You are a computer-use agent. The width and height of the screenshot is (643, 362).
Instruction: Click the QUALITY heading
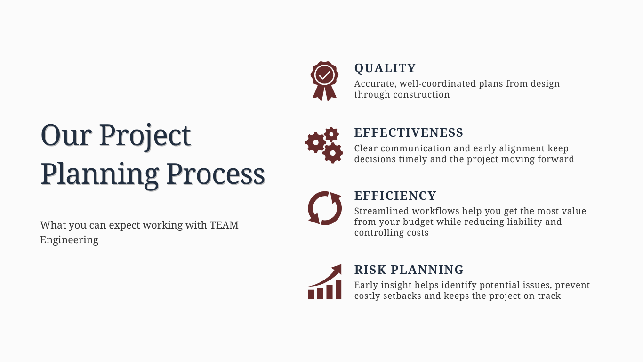[385, 68]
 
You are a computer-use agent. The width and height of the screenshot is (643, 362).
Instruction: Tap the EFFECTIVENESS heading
[409, 132]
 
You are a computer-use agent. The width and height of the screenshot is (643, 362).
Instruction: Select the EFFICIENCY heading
[395, 196]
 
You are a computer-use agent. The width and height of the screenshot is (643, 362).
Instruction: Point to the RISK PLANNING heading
[409, 270]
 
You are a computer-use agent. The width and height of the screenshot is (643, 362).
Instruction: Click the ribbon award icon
[324, 81]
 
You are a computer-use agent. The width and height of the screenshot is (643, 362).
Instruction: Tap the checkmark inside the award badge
[324, 75]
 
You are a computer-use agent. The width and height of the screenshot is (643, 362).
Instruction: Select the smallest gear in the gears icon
[331, 134]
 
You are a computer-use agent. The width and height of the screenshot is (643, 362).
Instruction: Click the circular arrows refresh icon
[325, 208]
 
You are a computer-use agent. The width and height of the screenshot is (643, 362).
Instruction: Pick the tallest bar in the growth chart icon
[338, 289]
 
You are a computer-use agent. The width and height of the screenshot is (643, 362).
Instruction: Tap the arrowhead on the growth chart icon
[337, 269]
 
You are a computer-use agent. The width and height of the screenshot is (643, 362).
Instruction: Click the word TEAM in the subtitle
[224, 225]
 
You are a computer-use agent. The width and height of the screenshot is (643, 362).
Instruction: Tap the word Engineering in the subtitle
[69, 240]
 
